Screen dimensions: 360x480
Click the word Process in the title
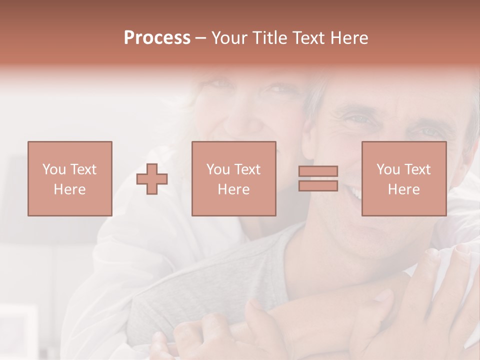click(157, 38)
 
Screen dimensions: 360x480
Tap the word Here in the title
click(349, 38)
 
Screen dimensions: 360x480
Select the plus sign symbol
click(152, 178)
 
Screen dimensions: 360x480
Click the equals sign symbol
click(318, 178)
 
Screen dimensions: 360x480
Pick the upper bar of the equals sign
click(318, 171)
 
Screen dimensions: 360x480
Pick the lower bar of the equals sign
click(318, 185)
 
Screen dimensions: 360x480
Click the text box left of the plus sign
click(69, 178)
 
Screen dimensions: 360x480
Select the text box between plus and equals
click(233, 178)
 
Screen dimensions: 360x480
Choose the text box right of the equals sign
click(403, 178)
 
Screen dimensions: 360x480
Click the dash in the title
click(200, 38)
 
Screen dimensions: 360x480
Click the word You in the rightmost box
click(388, 169)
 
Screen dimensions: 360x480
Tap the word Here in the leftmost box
click(69, 189)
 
